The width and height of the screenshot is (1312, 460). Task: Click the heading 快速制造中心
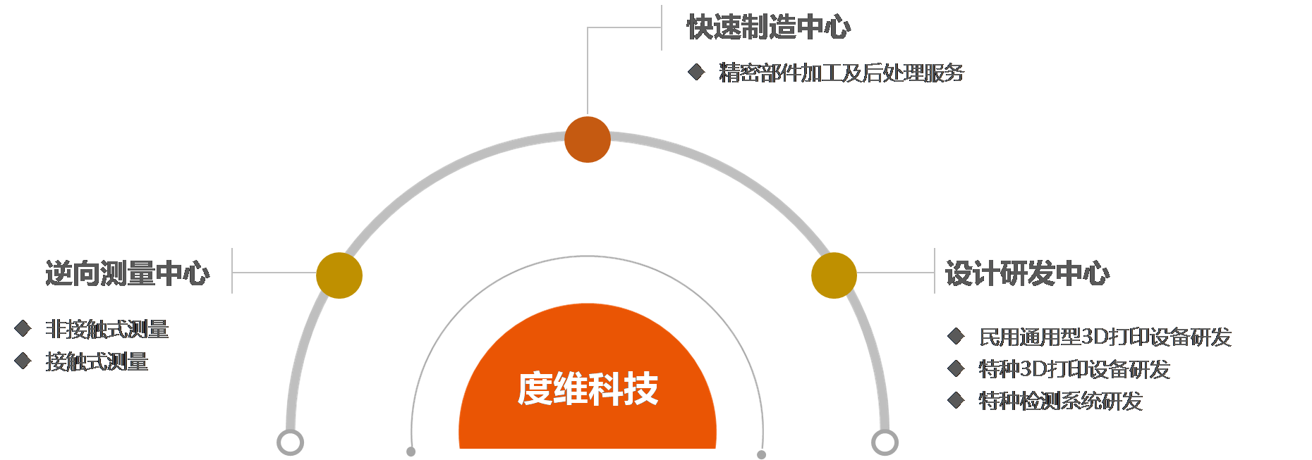pos(768,27)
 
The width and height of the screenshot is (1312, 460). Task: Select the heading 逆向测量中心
pos(127,273)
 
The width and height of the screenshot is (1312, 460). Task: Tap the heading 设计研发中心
pos(1026,273)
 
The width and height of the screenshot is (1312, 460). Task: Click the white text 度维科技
pos(588,389)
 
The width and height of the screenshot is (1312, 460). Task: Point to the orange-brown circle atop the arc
pos(587,139)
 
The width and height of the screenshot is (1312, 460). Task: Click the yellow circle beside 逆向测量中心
pos(339,275)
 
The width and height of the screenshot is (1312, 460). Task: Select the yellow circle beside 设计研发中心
pos(834,275)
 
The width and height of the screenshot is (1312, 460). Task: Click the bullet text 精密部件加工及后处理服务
pos(841,73)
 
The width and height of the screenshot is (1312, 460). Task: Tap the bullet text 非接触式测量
pos(107,329)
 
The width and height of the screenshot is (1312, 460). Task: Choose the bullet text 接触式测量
pos(97,361)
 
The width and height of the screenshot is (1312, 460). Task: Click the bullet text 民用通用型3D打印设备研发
pos(1105,337)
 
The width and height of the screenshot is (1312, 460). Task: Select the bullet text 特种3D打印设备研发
pos(1074,369)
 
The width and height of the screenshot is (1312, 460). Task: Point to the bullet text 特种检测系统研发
pos(1060,401)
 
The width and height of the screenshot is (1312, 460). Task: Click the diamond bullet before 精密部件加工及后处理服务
pos(696,72)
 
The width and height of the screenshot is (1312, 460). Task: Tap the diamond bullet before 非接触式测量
pos(23,328)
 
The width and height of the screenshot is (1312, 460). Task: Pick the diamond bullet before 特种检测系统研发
pos(956,400)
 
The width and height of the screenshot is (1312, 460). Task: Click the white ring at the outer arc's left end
pos(290,442)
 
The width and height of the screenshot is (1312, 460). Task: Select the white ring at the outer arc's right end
pos(885,442)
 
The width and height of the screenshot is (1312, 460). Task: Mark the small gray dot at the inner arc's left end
pos(411,452)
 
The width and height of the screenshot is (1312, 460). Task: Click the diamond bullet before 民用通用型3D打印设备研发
pos(956,336)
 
